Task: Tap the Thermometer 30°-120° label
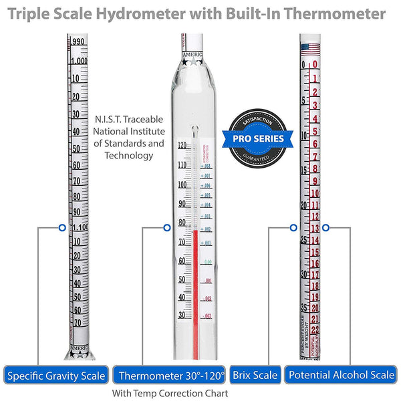click(x=168, y=376)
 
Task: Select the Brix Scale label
click(x=255, y=376)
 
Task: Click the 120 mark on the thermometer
click(x=181, y=145)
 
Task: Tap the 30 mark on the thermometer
click(x=181, y=315)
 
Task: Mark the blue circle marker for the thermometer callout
click(x=166, y=227)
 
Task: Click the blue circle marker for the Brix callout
click(x=293, y=227)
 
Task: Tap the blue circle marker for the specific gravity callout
click(x=61, y=227)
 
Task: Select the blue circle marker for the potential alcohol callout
click(x=325, y=227)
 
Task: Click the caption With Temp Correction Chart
click(x=170, y=394)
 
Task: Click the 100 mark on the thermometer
click(x=181, y=184)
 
